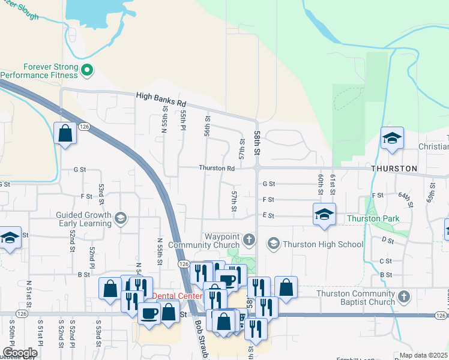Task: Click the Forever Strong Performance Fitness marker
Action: point(87,71)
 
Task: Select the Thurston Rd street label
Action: point(217,169)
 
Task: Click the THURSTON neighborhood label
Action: point(394,169)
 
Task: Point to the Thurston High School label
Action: point(323,244)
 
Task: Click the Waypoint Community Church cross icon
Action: point(250,241)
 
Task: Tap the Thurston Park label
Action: point(372,218)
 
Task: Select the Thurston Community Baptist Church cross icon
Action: point(405,297)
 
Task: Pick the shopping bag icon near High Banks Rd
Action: point(65,133)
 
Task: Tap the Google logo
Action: point(19,353)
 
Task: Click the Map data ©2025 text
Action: point(424,355)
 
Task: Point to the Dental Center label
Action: point(176,296)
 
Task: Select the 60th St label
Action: point(321,181)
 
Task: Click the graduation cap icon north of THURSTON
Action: point(391,139)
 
